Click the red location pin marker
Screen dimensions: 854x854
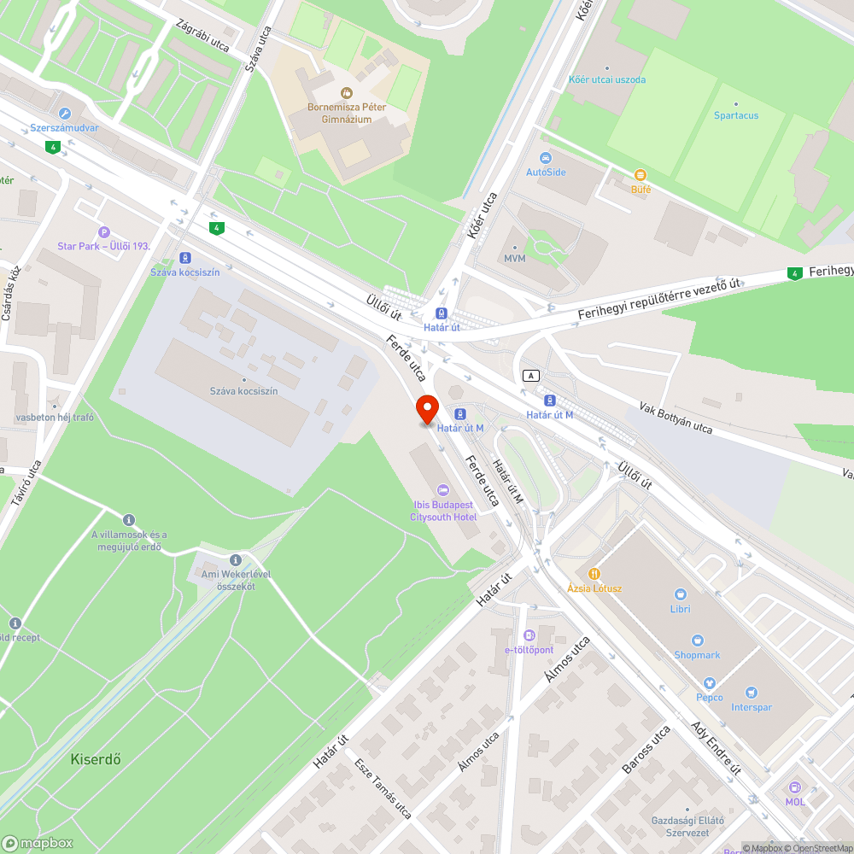click(427, 410)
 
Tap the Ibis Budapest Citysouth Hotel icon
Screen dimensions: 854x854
click(442, 489)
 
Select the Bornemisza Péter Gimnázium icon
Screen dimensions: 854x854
click(346, 92)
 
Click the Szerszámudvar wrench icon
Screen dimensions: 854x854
click(64, 113)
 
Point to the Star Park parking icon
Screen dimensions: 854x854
click(104, 231)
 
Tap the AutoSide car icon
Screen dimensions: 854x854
click(546, 158)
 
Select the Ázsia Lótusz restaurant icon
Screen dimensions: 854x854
click(594, 574)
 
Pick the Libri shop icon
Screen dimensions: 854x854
click(681, 594)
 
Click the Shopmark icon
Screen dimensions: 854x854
click(698, 640)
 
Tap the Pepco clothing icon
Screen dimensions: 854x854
click(709, 683)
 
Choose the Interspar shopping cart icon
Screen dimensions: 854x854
click(751, 693)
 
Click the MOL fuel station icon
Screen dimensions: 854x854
click(795, 787)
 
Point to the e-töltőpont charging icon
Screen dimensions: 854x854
click(529, 635)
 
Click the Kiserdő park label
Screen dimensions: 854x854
click(95, 757)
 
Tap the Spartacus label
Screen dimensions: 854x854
click(736, 115)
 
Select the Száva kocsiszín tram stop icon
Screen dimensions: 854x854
click(185, 258)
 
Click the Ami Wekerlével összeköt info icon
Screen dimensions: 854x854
click(236, 559)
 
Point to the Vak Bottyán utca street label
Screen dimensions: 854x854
click(676, 416)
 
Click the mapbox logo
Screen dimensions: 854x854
click(38, 842)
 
